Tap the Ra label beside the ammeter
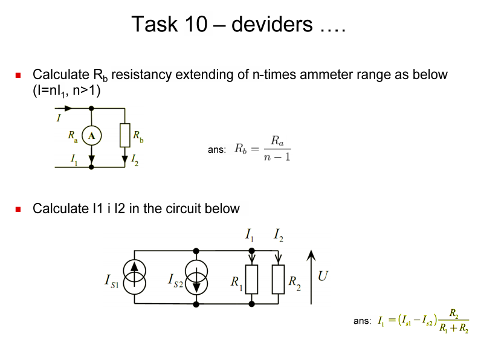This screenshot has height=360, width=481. (73, 137)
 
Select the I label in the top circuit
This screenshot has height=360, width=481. (58, 118)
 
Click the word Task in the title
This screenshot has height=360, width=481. (154, 25)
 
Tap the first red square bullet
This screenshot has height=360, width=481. (18, 76)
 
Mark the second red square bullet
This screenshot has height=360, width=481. (18, 210)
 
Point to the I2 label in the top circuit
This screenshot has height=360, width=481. (135, 160)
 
